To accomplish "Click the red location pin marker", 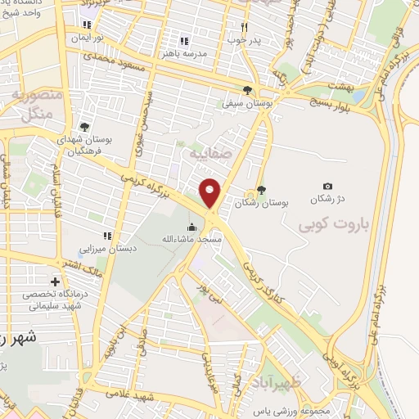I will (211, 192).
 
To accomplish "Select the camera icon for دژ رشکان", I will (328, 187).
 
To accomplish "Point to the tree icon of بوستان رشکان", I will (261, 190).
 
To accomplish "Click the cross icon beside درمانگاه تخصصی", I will (56, 282).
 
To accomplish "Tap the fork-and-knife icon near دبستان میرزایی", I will (106, 237).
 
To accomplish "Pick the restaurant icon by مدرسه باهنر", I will (185, 40).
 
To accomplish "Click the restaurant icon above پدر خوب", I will (243, 26).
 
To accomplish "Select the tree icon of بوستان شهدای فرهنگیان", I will (84, 127).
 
